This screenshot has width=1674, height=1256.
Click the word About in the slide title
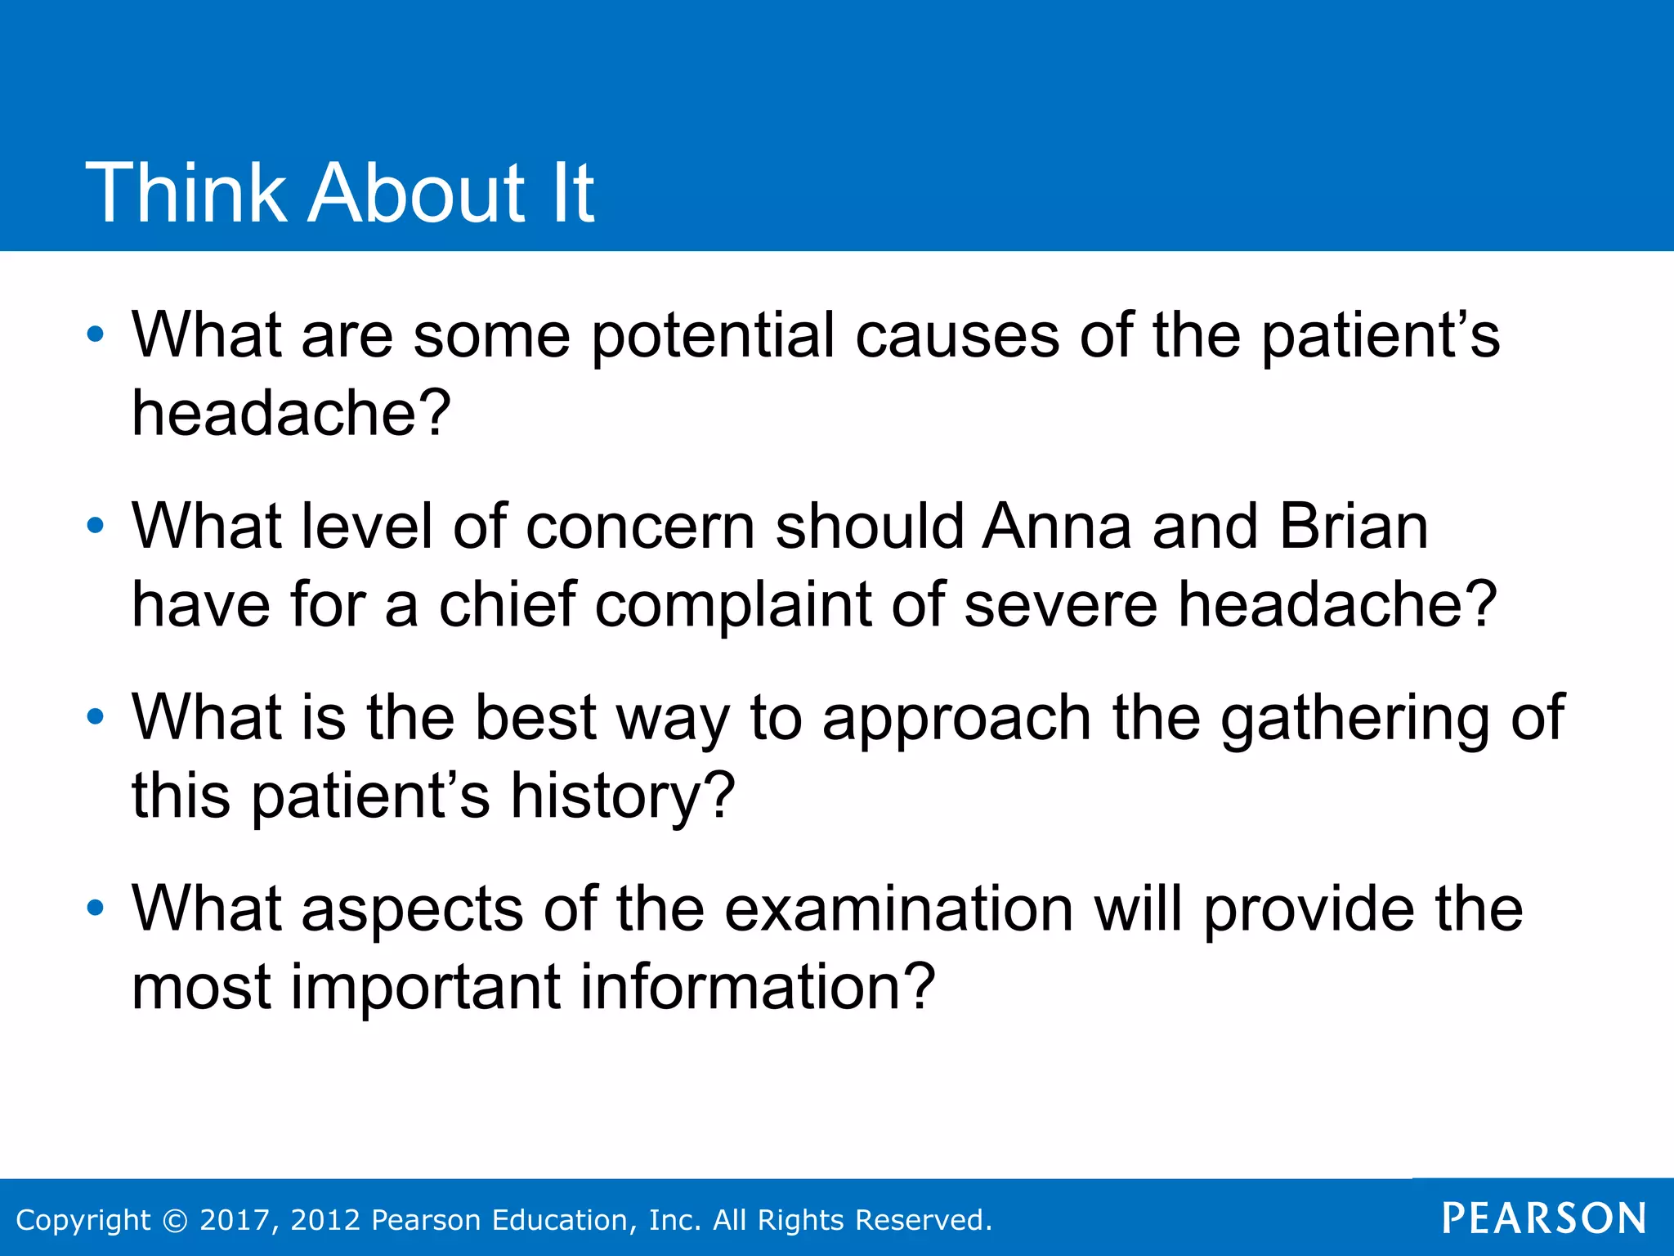point(417,193)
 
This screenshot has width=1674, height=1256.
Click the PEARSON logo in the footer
point(1544,1218)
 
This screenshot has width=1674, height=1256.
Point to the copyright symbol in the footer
point(175,1220)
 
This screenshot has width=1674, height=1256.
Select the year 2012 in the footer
point(325,1220)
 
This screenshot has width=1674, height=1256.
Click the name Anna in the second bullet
point(1057,526)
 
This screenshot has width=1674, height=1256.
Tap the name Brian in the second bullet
point(1354,526)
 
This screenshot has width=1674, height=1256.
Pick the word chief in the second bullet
point(508,604)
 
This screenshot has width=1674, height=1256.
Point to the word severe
point(1060,606)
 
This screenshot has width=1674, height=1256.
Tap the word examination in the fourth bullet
point(898,908)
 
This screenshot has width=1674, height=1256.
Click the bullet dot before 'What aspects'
point(96,908)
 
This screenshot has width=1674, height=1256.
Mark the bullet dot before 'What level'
point(96,526)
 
